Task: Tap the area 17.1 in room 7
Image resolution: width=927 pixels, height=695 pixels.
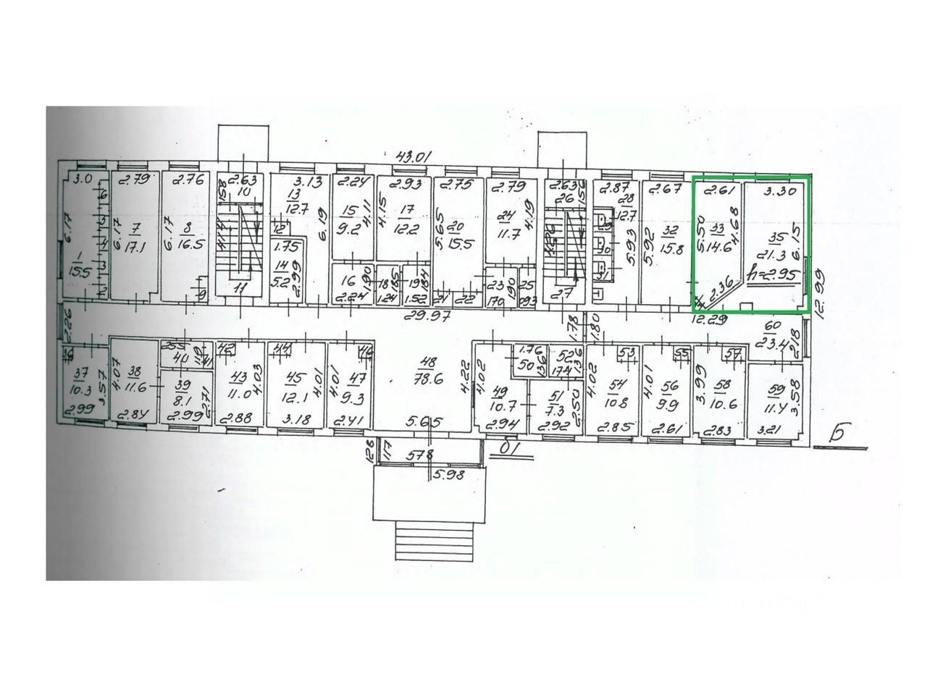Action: (x=135, y=247)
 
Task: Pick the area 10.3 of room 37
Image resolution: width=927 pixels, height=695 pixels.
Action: (x=77, y=390)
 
